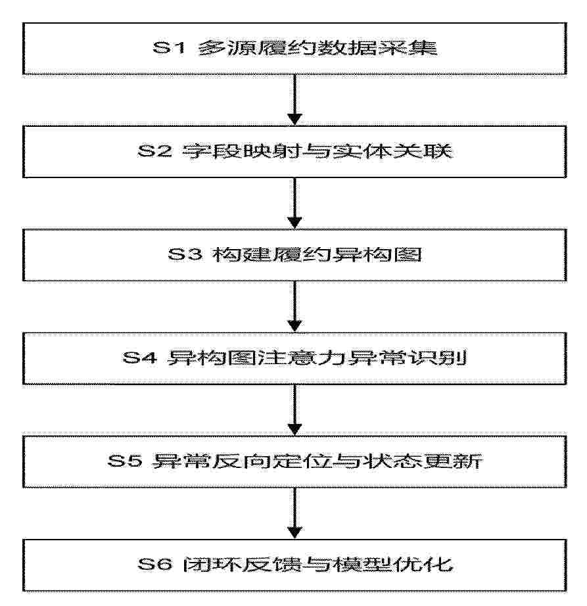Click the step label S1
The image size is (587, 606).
[169, 48]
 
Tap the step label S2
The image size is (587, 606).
[154, 151]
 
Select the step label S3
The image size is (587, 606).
[185, 254]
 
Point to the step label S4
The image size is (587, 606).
[139, 358]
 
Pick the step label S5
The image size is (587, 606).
[124, 461]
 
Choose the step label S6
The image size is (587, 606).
[154, 565]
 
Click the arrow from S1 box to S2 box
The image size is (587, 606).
[294, 100]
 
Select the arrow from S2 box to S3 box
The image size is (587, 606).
[294, 203]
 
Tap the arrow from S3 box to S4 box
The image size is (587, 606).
[294, 306]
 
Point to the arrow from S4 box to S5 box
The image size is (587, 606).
[294, 410]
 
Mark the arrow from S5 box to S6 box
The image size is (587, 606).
[294, 513]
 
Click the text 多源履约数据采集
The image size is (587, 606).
[317, 48]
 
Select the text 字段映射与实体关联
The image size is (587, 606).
[317, 151]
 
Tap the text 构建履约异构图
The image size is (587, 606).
[317, 254]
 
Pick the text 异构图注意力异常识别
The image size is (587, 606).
[317, 358]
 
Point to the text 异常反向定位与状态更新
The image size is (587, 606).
[317, 461]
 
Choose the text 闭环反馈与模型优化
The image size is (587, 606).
[317, 565]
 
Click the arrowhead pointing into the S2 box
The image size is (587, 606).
[294, 120]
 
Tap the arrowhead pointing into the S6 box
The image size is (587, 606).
[294, 533]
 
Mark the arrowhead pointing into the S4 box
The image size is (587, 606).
[294, 327]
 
